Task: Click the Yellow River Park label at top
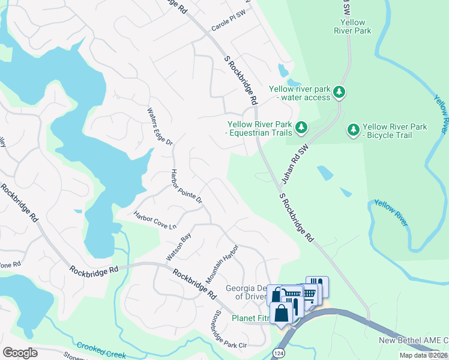352,26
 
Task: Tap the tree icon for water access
340,92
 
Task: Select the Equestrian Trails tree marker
301,127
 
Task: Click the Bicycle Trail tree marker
354,130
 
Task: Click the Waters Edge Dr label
160,127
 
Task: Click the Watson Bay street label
178,247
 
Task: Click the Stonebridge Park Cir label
231,328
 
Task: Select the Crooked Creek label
100,348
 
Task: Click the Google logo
20,352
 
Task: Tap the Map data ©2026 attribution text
423,355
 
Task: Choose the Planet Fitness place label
251,319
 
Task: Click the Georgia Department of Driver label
246,292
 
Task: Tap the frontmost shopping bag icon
281,313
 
